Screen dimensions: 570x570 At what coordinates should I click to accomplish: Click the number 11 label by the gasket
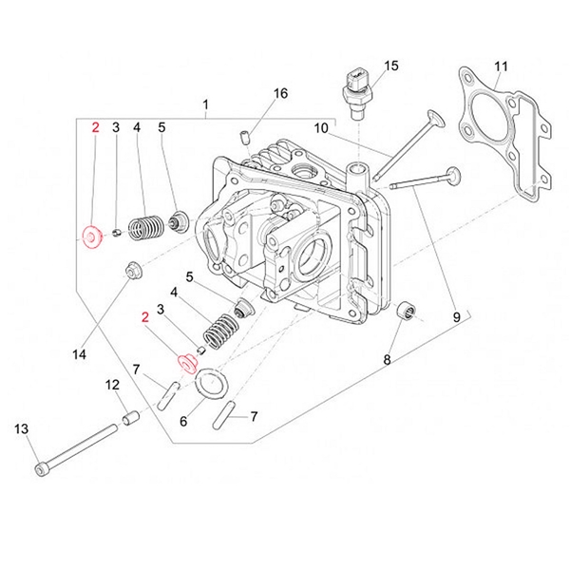point(502,66)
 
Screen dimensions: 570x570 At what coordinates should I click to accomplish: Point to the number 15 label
point(391,66)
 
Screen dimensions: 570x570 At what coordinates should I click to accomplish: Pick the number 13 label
point(21,429)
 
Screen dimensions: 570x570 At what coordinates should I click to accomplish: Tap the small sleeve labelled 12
point(131,418)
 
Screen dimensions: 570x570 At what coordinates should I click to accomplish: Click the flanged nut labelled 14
point(132,275)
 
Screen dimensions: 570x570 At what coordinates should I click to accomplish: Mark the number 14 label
point(79,354)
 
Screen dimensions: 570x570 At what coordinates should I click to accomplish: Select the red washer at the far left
point(91,236)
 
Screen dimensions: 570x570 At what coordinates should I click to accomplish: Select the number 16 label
point(279,93)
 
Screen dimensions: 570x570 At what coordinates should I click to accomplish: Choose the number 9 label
point(455,315)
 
